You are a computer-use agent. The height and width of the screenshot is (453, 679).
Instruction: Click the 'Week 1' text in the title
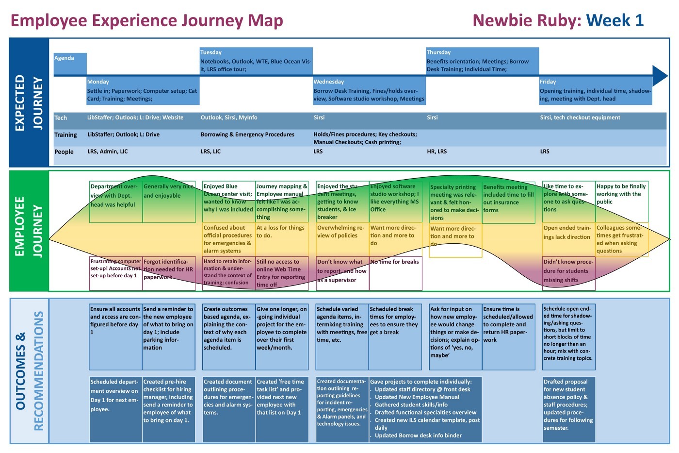(615, 20)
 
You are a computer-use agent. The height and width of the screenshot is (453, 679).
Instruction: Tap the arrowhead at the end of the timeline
(660, 76)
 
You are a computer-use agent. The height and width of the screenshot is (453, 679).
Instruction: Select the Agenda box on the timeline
(70, 64)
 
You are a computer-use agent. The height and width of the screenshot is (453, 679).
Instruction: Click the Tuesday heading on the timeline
(211, 52)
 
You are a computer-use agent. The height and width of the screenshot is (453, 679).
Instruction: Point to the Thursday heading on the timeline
(438, 52)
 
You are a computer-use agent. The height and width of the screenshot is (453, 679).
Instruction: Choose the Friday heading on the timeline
(548, 82)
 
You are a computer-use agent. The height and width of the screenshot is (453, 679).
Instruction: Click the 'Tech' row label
(61, 117)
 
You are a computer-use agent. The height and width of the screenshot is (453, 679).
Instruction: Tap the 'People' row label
(64, 151)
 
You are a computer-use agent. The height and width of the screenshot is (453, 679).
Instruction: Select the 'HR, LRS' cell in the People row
(437, 151)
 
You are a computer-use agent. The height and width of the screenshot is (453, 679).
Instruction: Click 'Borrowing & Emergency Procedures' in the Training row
(247, 134)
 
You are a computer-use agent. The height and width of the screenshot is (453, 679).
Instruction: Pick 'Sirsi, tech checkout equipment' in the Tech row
(580, 117)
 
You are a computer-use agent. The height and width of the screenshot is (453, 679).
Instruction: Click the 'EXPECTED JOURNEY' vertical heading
(29, 103)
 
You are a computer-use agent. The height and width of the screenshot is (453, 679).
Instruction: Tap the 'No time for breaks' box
(395, 273)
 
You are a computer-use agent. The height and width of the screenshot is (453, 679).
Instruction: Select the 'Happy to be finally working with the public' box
(622, 202)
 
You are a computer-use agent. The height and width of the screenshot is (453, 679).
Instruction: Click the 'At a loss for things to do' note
(282, 239)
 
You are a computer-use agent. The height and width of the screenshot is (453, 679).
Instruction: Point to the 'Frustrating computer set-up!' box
(116, 273)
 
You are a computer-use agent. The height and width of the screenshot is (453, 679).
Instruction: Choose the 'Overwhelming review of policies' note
(342, 239)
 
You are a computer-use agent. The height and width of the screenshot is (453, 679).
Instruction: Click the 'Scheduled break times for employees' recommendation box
(395, 337)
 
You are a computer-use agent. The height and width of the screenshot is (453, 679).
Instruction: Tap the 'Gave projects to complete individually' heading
(421, 382)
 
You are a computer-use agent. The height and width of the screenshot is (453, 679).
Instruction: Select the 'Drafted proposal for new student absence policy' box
(568, 409)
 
